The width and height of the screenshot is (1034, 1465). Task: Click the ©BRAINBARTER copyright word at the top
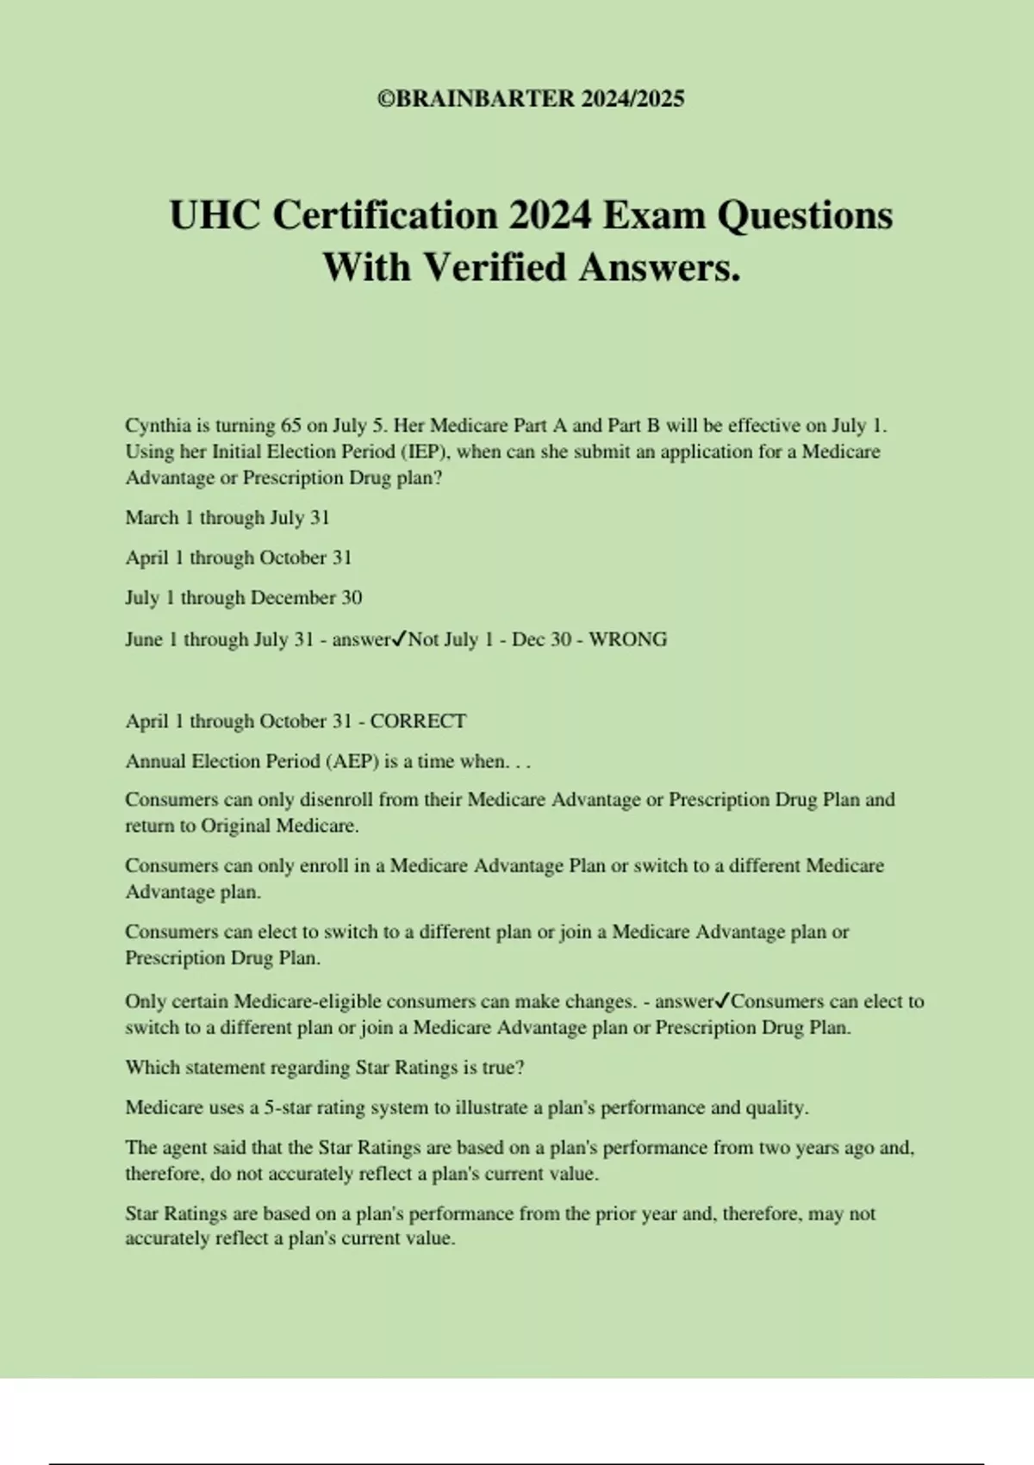476,98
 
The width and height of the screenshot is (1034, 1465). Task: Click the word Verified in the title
495,267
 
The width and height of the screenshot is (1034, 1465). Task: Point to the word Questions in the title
805,215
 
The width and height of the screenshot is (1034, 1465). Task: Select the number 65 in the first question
291,426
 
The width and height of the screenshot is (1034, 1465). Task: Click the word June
145,639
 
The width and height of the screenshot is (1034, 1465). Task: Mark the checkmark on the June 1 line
399,639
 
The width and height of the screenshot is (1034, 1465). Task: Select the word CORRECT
418,721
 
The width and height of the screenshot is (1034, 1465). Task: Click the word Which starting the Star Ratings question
151,1068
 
